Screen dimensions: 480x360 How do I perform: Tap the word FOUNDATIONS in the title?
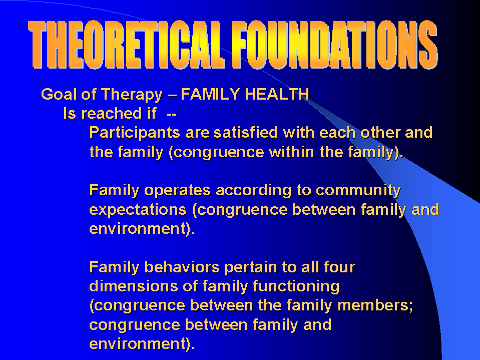334,45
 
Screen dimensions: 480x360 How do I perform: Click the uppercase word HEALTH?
277,94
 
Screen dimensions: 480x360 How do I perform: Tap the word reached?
112,114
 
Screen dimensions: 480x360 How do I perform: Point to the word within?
291,152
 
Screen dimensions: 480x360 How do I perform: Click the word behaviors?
182,267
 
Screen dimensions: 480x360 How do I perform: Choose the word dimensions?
134,286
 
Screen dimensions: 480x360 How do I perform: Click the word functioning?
296,287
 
